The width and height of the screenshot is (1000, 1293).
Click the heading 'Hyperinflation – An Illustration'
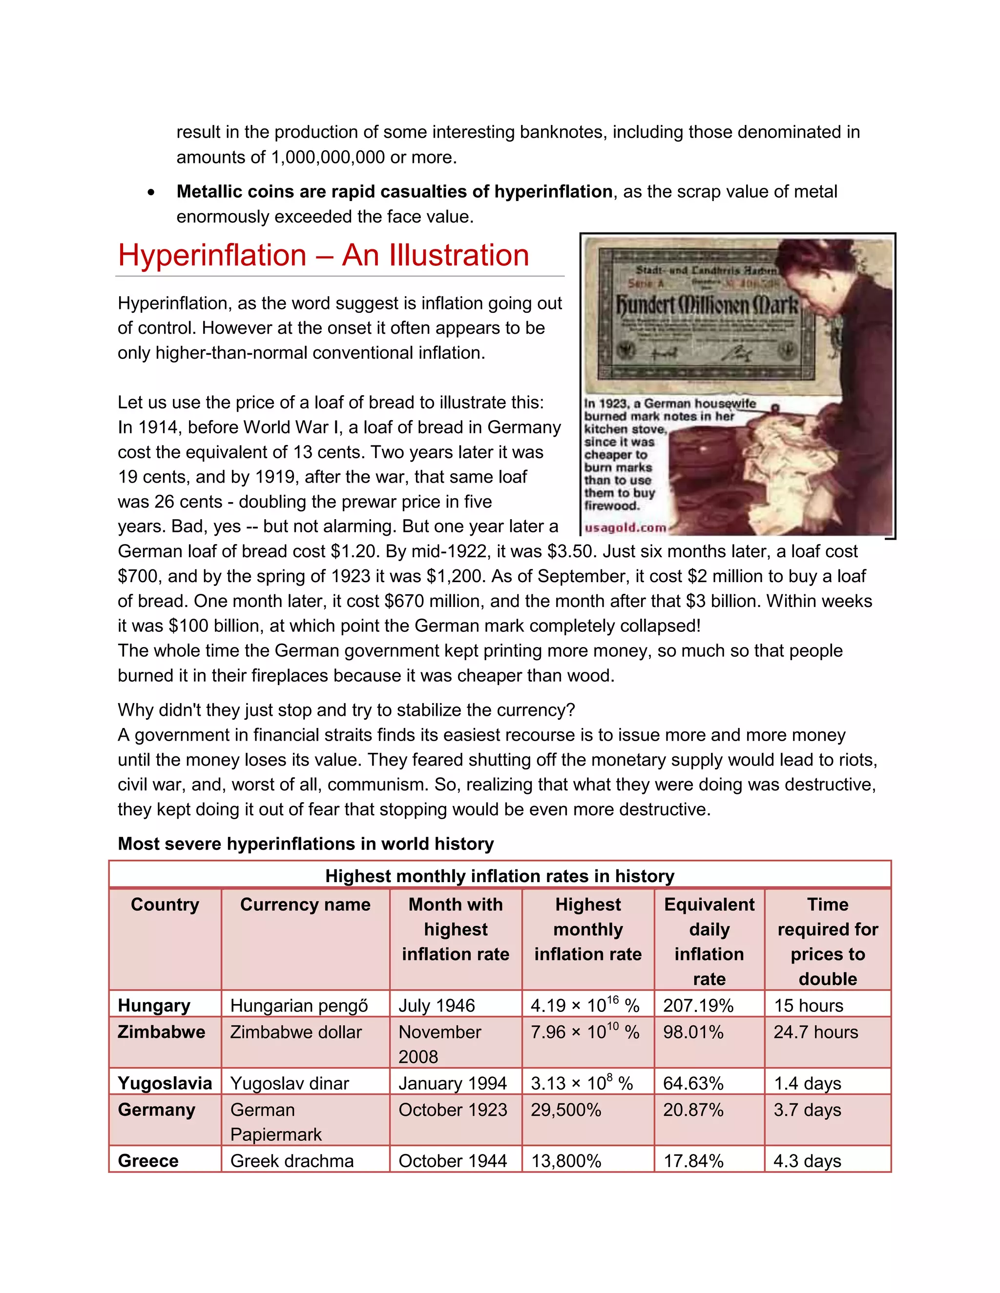tap(323, 256)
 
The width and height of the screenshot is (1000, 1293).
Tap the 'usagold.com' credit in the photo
tap(625, 527)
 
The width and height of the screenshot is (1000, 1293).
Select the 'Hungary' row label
tap(154, 1005)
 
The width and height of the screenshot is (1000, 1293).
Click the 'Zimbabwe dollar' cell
tap(295, 1032)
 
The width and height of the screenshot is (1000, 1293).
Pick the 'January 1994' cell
tap(453, 1083)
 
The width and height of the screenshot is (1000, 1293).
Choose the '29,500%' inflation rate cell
tap(566, 1110)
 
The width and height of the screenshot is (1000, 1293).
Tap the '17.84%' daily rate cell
tap(693, 1161)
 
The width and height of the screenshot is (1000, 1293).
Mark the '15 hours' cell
tap(808, 1005)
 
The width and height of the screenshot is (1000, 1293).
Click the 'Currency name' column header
tap(305, 905)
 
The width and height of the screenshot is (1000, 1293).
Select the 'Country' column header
tap(165, 905)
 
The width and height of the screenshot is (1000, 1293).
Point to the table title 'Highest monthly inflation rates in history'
tap(500, 876)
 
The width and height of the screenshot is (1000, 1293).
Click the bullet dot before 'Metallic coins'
tap(152, 192)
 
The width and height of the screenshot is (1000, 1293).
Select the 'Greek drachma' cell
tap(292, 1161)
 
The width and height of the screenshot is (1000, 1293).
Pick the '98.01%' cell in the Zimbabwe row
tap(693, 1032)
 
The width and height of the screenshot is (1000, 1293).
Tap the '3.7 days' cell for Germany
tap(807, 1110)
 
